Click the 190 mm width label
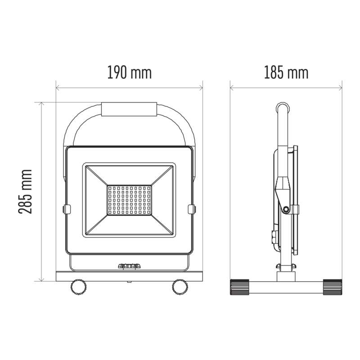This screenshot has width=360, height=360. [x=129, y=72]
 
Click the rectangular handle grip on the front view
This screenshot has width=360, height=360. [x=129, y=109]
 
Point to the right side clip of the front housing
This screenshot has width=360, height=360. [x=192, y=210]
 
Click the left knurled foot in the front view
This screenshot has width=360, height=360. [x=78, y=287]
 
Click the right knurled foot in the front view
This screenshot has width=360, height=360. [x=180, y=287]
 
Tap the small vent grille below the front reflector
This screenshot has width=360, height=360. [x=129, y=266]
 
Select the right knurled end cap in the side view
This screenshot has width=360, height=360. [x=332, y=287]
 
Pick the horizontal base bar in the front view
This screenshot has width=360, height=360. [x=129, y=276]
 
